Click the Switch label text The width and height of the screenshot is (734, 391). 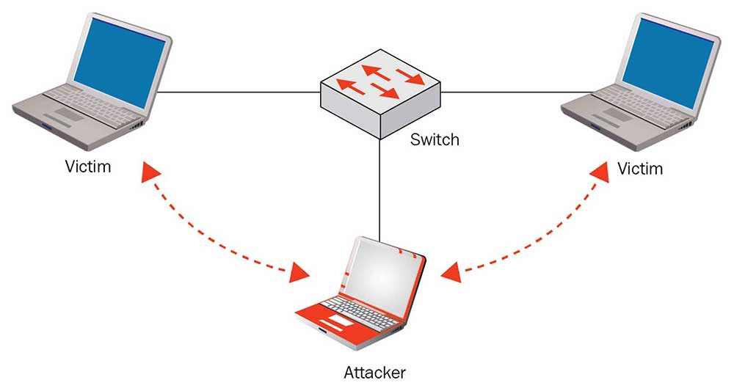pos(435,139)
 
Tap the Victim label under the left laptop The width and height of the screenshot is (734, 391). pos(87,167)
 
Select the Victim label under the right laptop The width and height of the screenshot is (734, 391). pos(639,169)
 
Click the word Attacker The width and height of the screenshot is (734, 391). pos(374,373)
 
